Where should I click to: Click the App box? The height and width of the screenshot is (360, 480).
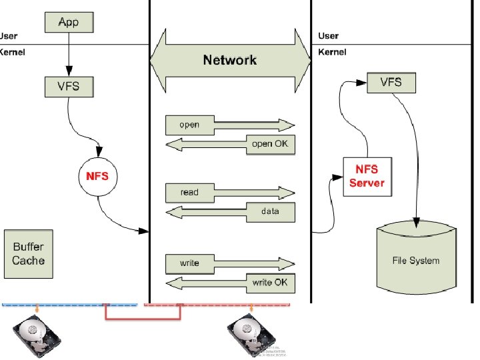67,23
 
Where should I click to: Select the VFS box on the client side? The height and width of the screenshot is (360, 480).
67,85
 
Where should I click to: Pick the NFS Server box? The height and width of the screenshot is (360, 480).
367,177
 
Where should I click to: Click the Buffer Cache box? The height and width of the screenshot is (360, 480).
28,249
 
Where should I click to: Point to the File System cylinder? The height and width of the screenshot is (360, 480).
416,260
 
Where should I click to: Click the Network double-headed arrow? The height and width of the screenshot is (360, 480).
230,61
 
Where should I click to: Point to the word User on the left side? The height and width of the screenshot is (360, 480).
9,36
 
